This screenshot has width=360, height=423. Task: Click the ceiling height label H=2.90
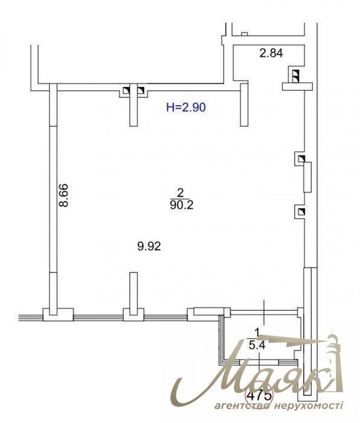point(186,108)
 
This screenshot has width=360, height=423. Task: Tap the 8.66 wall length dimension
point(64,195)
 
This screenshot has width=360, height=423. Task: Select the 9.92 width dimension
point(149,247)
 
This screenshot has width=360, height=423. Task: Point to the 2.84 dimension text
point(271,53)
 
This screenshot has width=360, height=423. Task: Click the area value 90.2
point(182,205)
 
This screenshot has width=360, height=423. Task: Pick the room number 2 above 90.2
point(181,193)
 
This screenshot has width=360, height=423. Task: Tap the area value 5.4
point(257,345)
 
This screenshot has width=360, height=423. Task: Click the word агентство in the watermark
point(242,405)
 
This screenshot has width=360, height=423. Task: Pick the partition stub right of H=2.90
point(244,105)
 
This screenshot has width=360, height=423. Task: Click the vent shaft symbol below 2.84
point(296,75)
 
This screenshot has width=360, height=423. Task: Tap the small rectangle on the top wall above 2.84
point(245,34)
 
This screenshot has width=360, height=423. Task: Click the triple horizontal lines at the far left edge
point(30,317)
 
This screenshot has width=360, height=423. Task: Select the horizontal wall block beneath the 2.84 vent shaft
point(297,86)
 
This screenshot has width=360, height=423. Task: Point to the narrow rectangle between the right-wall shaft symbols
point(307,177)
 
